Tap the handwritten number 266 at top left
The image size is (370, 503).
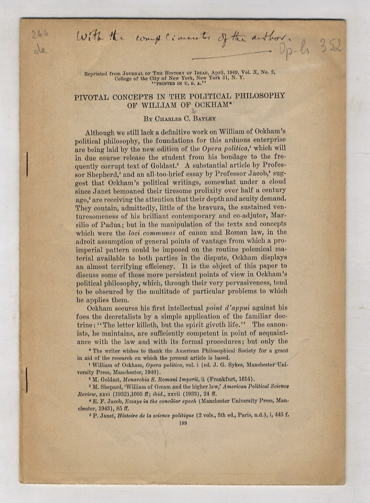40,35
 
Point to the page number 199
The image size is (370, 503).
184,423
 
